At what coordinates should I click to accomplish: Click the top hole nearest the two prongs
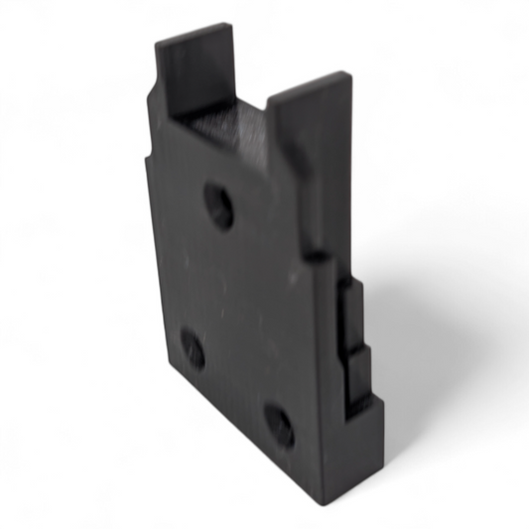coord(219,206)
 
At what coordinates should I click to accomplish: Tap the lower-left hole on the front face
coord(193,349)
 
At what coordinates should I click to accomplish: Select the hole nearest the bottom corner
coord(279,425)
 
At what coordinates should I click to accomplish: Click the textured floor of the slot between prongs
coord(223,125)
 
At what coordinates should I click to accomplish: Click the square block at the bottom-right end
coord(368,427)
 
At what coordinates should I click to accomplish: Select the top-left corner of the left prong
coord(157,41)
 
